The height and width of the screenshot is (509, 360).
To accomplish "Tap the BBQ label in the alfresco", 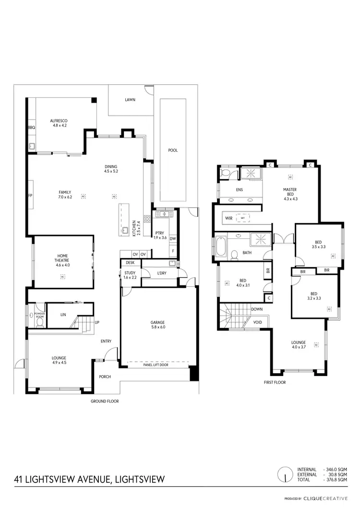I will click(32, 128).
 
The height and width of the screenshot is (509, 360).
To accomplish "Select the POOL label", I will click(173, 150).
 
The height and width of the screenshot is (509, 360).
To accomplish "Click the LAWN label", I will click(130, 100).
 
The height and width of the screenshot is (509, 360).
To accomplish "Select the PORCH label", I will click(105, 377).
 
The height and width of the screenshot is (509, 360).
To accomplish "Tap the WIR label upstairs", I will click(228, 218).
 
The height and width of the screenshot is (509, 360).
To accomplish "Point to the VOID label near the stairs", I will click(257, 322).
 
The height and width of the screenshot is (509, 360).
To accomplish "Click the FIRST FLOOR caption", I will click(275, 382).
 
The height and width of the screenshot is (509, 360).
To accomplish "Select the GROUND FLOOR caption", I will click(105, 401).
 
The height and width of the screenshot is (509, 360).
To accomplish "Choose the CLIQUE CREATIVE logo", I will click(329, 498).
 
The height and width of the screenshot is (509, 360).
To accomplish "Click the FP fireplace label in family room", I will click(30, 196).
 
